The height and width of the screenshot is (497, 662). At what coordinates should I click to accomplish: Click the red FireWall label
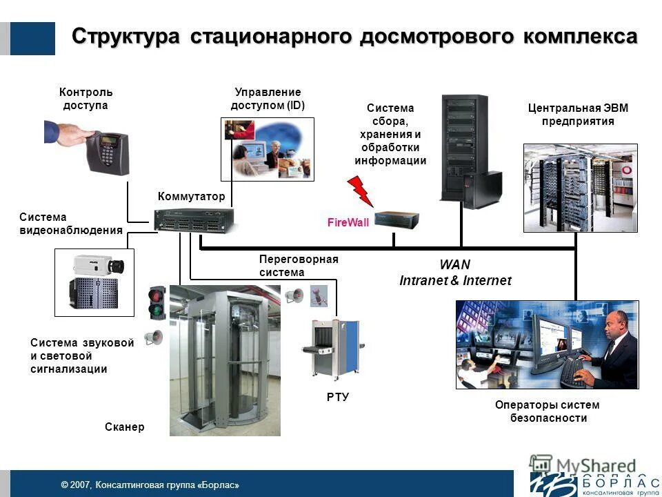tap(348, 222)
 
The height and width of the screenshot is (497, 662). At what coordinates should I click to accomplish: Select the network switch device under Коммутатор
tap(193, 220)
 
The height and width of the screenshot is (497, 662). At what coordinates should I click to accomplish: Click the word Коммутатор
tap(191, 197)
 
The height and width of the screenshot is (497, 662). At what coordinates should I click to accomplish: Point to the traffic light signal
tap(157, 302)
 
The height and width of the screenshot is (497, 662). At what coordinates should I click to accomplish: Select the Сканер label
tap(125, 427)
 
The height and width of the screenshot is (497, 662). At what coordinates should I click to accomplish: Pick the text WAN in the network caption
tap(455, 265)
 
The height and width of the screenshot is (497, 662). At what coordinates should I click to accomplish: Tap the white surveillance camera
tap(99, 264)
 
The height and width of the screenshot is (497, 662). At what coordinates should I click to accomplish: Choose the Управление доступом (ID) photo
tap(268, 149)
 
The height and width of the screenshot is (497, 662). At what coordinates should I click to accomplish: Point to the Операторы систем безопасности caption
tap(548, 411)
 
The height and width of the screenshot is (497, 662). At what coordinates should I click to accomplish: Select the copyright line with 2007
tap(150, 485)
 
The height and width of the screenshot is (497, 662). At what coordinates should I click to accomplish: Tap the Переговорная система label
tap(298, 266)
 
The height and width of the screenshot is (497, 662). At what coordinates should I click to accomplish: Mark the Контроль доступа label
tap(86, 99)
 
